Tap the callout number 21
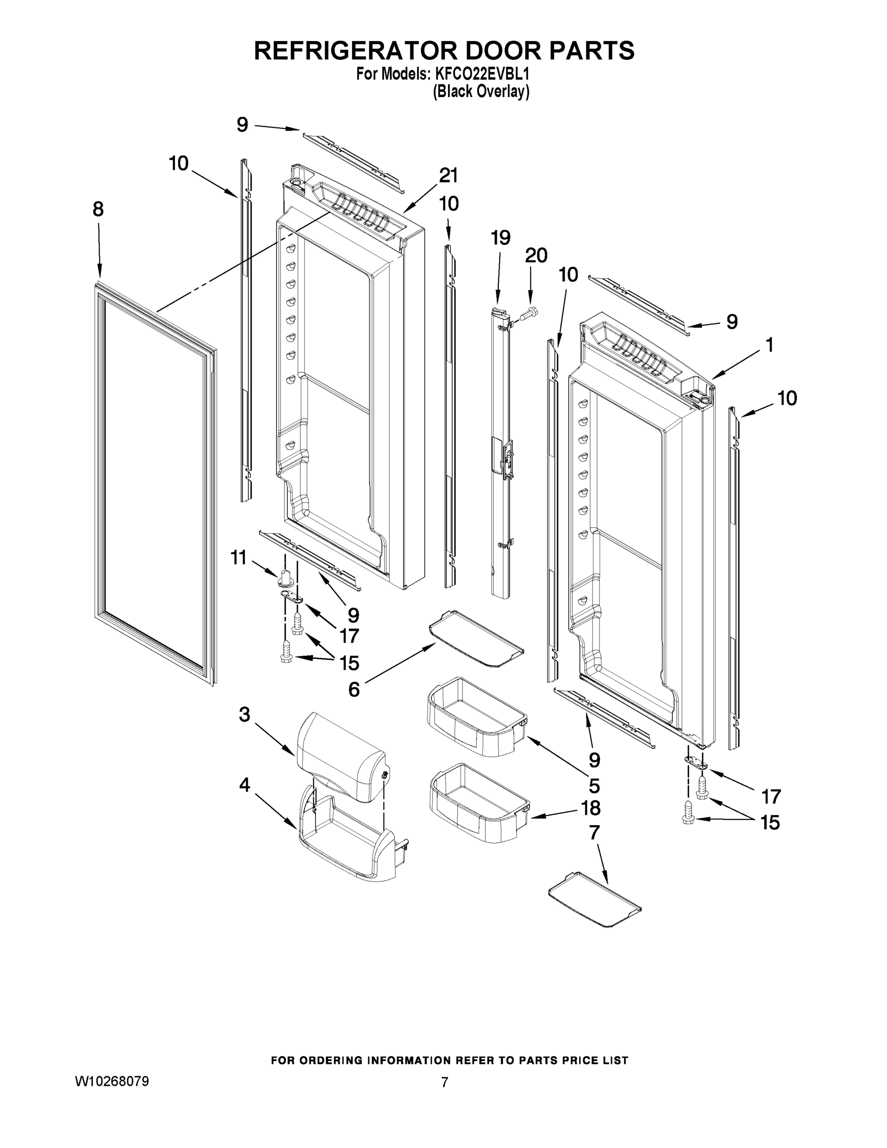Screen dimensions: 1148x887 tap(448, 176)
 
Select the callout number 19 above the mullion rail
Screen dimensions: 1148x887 tap(500, 238)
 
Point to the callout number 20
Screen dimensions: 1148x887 tap(536, 255)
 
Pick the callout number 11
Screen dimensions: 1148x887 tap(239, 557)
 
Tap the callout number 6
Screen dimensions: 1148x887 tap(354, 689)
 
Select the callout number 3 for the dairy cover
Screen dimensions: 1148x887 tap(244, 715)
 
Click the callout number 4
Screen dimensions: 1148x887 tap(244, 785)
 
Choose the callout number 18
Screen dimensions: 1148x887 tap(591, 807)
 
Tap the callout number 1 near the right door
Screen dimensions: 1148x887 tap(769, 345)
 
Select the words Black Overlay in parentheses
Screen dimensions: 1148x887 tap(481, 91)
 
